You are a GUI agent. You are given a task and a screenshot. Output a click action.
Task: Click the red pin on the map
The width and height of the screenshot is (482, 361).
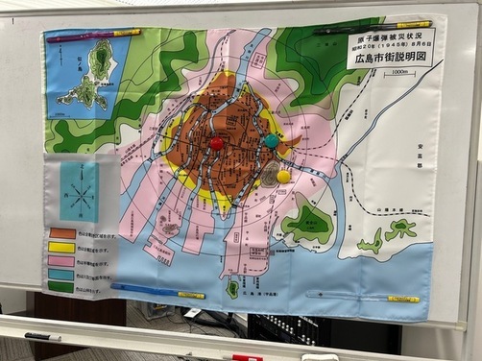(216, 144)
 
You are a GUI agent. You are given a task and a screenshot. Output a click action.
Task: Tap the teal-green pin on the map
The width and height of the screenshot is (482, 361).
(272, 141)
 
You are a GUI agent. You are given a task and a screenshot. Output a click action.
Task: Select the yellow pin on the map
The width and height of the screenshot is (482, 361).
(283, 177)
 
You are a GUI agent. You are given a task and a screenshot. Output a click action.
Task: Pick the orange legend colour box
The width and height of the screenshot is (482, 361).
(62, 233)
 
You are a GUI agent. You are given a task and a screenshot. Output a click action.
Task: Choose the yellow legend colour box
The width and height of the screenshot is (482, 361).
(62, 247)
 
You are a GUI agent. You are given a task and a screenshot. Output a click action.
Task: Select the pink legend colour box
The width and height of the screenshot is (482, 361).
(62, 260)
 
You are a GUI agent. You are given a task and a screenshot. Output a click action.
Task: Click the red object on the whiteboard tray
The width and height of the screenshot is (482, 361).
(247, 357)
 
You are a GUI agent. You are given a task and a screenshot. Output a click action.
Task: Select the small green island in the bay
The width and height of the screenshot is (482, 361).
(232, 287)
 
